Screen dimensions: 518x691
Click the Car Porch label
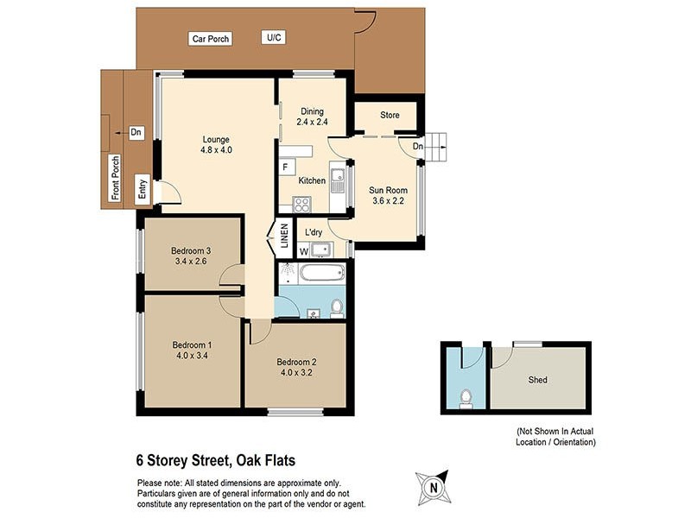coord(210,39)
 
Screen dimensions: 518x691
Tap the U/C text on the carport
coord(275,37)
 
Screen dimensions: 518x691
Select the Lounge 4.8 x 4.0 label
coord(217,144)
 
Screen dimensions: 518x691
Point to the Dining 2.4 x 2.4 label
coord(312,117)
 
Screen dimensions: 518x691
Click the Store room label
coord(390,115)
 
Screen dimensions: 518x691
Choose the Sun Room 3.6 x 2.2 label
coord(388,195)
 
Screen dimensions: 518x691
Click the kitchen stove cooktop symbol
coord(302,205)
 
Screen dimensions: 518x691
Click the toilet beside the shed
coord(466,398)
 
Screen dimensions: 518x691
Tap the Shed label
coord(537,379)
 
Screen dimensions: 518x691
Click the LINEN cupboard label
coord(282,234)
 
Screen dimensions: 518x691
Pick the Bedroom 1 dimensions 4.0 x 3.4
coord(191,356)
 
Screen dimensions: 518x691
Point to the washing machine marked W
coord(303,251)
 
